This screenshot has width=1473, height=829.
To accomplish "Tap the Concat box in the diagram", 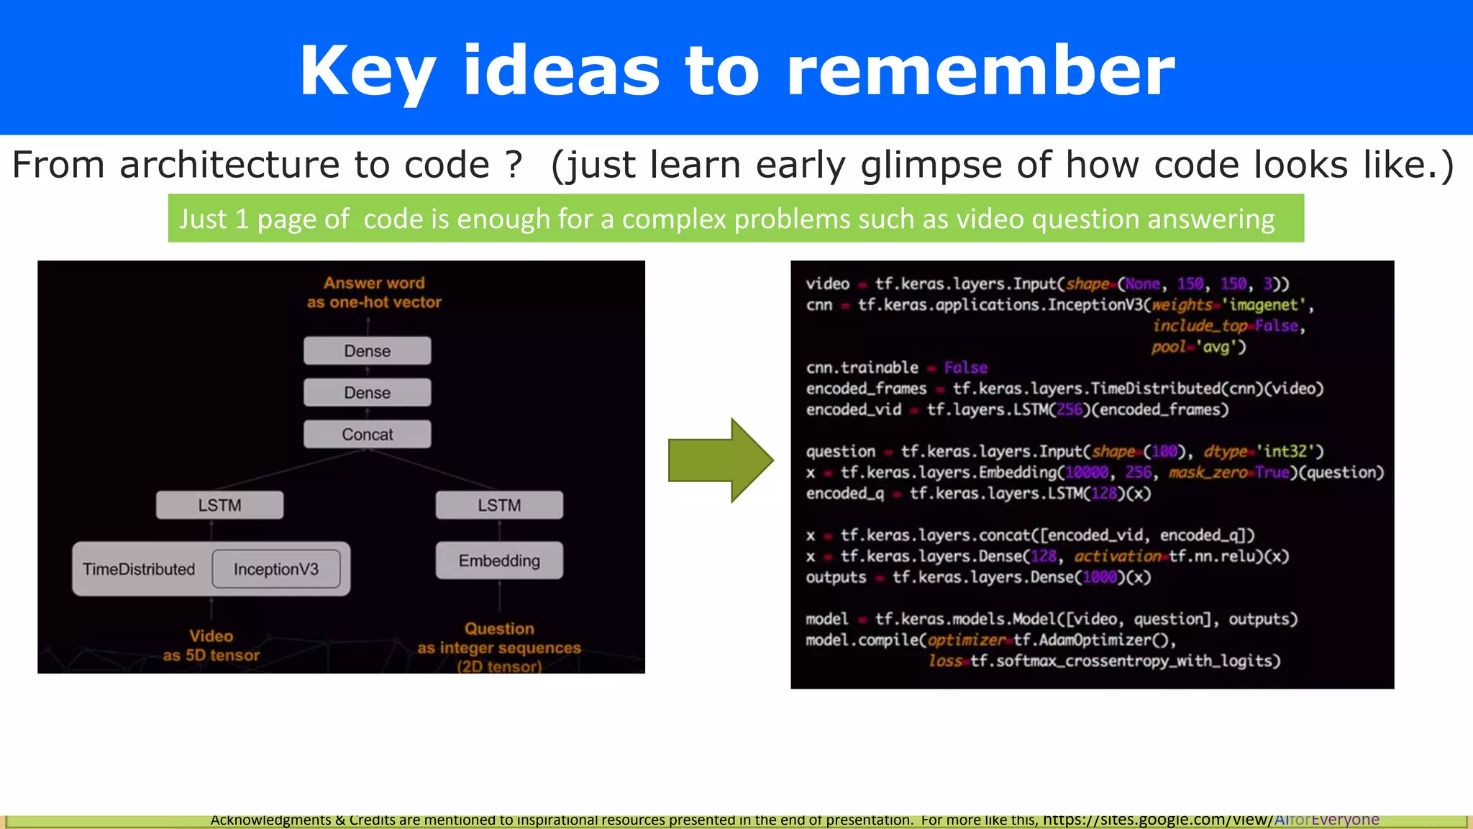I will coord(367,434).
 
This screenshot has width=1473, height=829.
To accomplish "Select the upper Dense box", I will coord(367,350).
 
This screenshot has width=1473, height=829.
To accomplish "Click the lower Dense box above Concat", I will coord(367,392).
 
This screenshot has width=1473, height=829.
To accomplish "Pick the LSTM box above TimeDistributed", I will coord(219,505).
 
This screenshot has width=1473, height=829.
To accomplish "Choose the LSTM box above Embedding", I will coord(499,505).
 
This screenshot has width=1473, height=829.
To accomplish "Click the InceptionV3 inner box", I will coord(276,569).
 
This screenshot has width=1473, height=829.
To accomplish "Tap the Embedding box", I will coord(499,561).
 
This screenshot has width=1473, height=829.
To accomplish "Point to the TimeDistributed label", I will coord(139,569).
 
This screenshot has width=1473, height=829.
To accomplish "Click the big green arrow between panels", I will coord(719,461).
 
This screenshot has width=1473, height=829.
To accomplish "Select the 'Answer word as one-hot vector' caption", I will coord(374,292).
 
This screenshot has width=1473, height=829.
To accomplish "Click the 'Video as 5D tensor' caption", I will coord(211,645).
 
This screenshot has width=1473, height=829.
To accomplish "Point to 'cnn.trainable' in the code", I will coord(862,368).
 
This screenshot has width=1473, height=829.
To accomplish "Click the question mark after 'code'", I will coord(513,165).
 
